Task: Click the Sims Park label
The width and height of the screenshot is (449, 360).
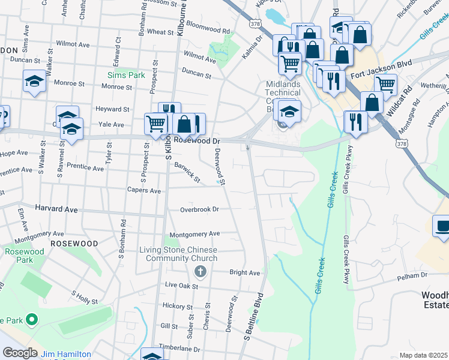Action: (x=126, y=75)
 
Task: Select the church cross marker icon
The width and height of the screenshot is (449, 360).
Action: (x=200, y=272)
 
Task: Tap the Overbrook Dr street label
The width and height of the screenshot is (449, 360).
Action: (x=199, y=209)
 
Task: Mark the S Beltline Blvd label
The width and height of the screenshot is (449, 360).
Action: (x=254, y=317)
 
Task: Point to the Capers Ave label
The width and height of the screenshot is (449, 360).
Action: (x=143, y=191)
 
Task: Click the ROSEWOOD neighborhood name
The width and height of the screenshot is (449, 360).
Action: (x=74, y=244)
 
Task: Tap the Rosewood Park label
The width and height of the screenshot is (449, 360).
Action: (x=25, y=256)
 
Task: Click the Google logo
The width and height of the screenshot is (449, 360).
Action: (x=19, y=353)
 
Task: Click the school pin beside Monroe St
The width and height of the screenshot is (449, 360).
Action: (x=34, y=81)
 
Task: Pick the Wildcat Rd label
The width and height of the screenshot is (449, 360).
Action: (x=399, y=101)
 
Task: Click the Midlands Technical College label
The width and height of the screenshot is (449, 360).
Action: (x=283, y=97)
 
